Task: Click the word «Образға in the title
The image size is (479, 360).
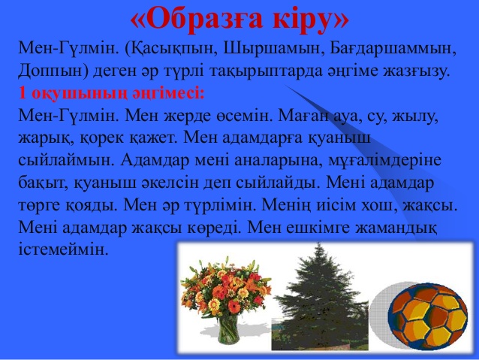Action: click(x=196, y=20)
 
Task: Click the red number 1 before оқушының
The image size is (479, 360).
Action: click(x=23, y=92)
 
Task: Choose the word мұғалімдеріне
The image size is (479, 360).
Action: click(x=384, y=160)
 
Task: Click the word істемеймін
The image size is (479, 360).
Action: click(x=64, y=249)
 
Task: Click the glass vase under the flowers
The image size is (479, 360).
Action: click(x=228, y=328)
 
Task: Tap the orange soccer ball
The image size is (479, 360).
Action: click(x=428, y=317)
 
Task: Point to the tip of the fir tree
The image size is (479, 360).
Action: click(x=319, y=244)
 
